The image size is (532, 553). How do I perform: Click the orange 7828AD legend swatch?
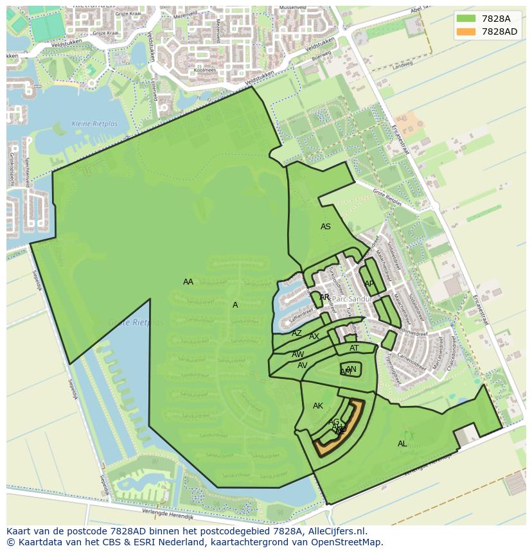click(466, 31)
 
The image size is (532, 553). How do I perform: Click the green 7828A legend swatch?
click(466, 19)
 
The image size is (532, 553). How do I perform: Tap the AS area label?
click(326, 227)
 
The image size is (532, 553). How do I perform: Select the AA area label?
click(188, 282)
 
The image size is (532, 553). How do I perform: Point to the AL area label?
click(402, 444)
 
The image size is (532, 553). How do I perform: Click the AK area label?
click(318, 406)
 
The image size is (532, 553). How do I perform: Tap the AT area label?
click(354, 348)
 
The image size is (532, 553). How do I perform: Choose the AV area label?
click(302, 365)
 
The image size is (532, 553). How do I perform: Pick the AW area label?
click(298, 355)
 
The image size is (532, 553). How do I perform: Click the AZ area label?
click(296, 333)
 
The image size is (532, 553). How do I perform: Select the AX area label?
click(314, 337)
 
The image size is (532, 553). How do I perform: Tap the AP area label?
click(369, 283)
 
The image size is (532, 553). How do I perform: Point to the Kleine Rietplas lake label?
click(89, 141)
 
